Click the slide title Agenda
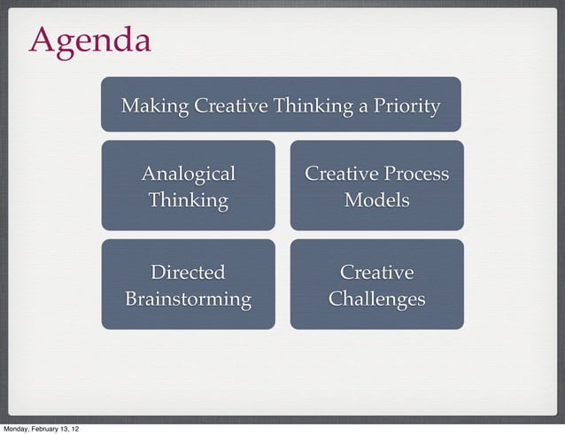89,40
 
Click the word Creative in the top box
231,107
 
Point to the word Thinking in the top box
313,107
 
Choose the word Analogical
189,173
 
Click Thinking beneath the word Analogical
189,199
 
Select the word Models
377,199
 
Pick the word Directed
189,272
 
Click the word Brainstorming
189,299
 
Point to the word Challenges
377,299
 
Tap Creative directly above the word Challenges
377,272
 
